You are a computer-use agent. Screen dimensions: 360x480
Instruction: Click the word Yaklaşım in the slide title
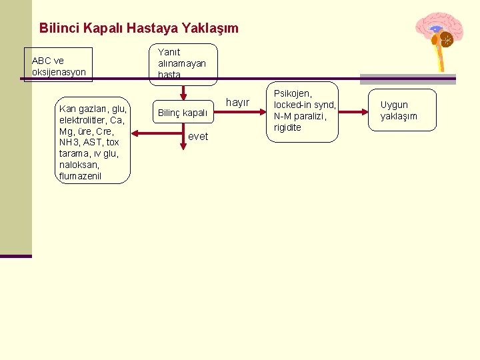point(209,29)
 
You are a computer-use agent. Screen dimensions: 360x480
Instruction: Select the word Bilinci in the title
point(58,29)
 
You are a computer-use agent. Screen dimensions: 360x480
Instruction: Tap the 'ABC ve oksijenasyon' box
point(59,65)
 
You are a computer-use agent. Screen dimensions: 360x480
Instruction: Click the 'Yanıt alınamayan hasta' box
point(182,63)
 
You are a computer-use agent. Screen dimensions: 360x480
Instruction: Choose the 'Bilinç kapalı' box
point(182,113)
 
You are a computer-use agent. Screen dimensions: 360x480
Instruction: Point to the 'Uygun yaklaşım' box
point(402,110)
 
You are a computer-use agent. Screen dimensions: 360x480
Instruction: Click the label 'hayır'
point(238,103)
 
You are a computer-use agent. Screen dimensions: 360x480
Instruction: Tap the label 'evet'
point(199,136)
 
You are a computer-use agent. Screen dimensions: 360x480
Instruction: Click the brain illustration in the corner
point(437,37)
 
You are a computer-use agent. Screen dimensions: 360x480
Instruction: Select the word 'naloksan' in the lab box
point(79,165)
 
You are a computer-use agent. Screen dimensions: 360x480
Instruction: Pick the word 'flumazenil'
point(80,176)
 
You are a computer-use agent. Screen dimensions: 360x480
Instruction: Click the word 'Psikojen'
point(293,93)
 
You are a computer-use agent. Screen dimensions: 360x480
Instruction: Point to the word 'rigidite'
point(287,127)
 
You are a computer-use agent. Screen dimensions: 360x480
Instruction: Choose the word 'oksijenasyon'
point(59,71)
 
